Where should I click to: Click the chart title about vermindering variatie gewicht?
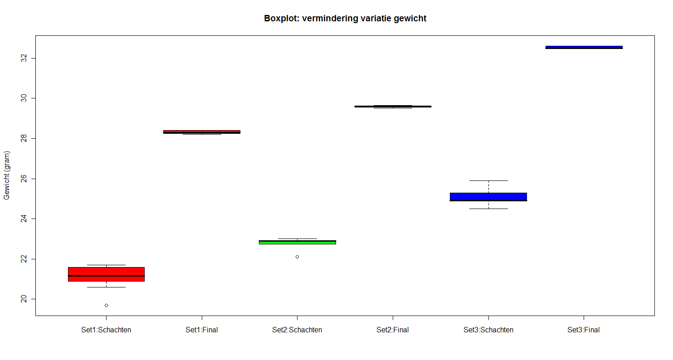pyautogui.click(x=345, y=19)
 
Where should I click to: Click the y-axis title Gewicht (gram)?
pyautogui.click(x=7, y=175)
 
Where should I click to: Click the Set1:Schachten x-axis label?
pyautogui.click(x=106, y=330)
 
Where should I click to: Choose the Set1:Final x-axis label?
pyautogui.click(x=202, y=330)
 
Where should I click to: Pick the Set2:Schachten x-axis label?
pyautogui.click(x=297, y=330)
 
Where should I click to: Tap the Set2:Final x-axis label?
pyautogui.click(x=393, y=330)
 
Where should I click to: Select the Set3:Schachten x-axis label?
pyautogui.click(x=488, y=330)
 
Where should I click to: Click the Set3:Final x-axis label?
pyautogui.click(x=584, y=330)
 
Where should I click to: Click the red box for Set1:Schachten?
pyautogui.click(x=106, y=271)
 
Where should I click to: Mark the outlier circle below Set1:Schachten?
pyautogui.click(x=106, y=305)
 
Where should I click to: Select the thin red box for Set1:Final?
pyautogui.click(x=202, y=131)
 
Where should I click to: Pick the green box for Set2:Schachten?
pyautogui.click(x=297, y=243)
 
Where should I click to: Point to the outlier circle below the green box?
pyautogui.click(x=297, y=257)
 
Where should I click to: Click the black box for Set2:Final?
pyautogui.click(x=393, y=107)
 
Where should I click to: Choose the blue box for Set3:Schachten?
pyautogui.click(x=488, y=196)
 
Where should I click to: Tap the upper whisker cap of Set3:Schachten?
pyautogui.click(x=488, y=180)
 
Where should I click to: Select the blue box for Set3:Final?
pyautogui.click(x=584, y=47)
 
